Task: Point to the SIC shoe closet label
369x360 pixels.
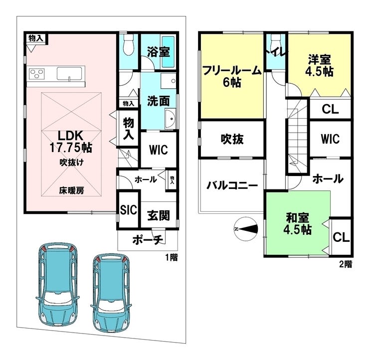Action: (128, 210)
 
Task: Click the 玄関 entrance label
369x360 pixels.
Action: (158, 216)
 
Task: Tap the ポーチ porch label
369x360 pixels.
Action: (148, 240)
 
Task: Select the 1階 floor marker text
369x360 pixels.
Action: (171, 258)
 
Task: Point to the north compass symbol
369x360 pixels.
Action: (246, 229)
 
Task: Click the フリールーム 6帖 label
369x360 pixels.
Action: (232, 76)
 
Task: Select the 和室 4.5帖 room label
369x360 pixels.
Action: (298, 224)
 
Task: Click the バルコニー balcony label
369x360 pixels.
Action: (232, 185)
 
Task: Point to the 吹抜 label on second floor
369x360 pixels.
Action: (232, 140)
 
